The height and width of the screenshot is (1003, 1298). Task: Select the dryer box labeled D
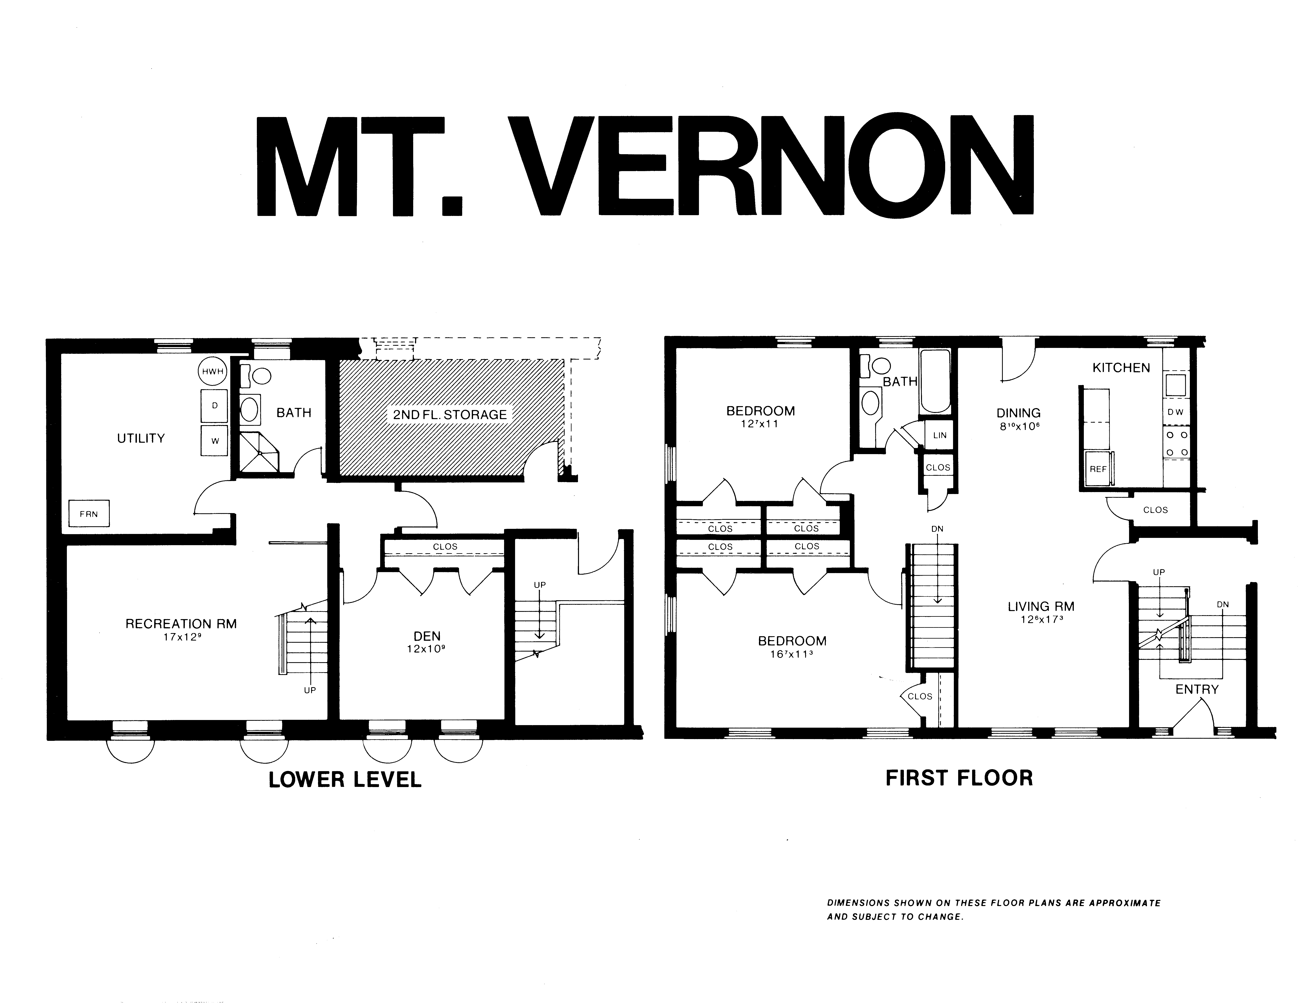pos(215,405)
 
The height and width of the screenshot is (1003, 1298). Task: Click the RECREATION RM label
pos(181,624)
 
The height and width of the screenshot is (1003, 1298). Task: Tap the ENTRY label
pos(1197,689)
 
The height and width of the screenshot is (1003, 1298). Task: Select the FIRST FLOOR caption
pos(959,778)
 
